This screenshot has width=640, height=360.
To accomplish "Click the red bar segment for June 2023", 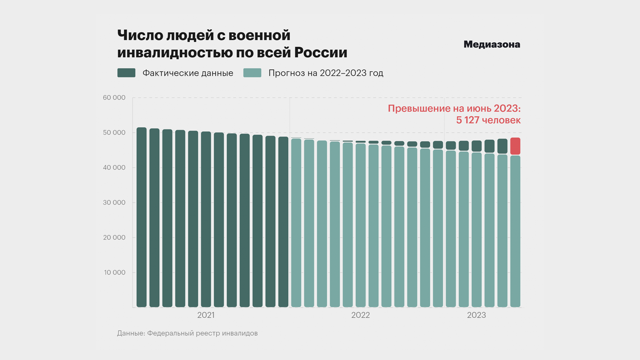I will tap(515, 146).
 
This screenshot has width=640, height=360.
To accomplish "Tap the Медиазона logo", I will tap(492, 44).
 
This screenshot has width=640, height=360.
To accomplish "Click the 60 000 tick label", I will tap(114, 98).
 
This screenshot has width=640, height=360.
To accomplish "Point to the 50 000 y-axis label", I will tap(114, 133).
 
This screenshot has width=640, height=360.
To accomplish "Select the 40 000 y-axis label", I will tap(114, 168).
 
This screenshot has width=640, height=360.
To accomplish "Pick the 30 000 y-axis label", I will tap(114, 203).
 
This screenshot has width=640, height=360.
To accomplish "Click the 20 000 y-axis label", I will tap(114, 238).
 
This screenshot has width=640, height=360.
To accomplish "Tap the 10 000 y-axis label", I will tap(115, 273).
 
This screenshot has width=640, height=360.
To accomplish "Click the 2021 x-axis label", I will tap(206, 315).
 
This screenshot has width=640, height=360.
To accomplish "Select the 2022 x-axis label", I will tap(360, 315).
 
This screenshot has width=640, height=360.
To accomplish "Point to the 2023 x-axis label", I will tap(476, 315).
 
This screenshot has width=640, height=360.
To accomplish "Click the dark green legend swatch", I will tap(126, 73).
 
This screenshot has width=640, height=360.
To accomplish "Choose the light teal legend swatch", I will tap(252, 73).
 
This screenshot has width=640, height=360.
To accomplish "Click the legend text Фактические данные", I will tap(188, 73).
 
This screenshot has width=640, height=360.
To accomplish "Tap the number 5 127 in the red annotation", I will tap(468, 120).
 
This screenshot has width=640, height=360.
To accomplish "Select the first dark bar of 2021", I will tap(142, 217).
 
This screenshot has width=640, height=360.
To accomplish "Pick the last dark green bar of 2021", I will tap(283, 222).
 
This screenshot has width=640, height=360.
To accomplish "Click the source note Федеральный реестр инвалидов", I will tap(202, 333).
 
